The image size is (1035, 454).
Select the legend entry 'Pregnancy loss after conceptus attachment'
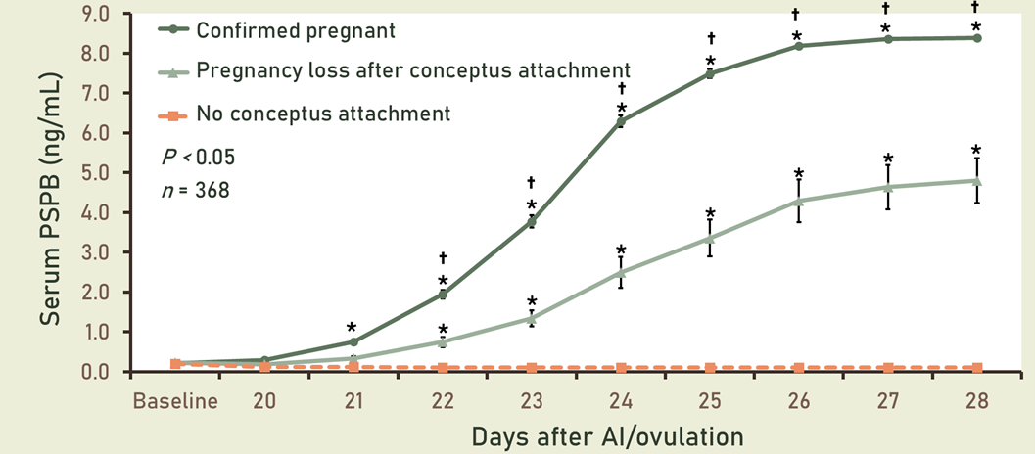[x=412, y=70]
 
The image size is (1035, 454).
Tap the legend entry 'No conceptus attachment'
[x=323, y=113]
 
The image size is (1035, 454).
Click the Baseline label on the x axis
[x=176, y=401]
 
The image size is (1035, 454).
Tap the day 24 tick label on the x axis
[x=621, y=401]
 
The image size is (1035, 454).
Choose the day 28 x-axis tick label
[x=976, y=401]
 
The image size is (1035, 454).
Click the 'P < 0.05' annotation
[x=198, y=158]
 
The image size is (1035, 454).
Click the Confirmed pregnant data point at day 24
[x=621, y=121]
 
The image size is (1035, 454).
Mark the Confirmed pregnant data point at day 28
[x=976, y=38]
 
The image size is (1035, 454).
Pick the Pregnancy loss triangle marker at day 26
[x=799, y=201]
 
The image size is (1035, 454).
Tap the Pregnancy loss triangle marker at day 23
[x=532, y=318]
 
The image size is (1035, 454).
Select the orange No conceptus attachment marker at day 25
[x=710, y=368]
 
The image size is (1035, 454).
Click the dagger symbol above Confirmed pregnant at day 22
[x=443, y=258]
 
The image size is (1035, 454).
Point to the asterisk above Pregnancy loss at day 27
[x=888, y=159]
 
